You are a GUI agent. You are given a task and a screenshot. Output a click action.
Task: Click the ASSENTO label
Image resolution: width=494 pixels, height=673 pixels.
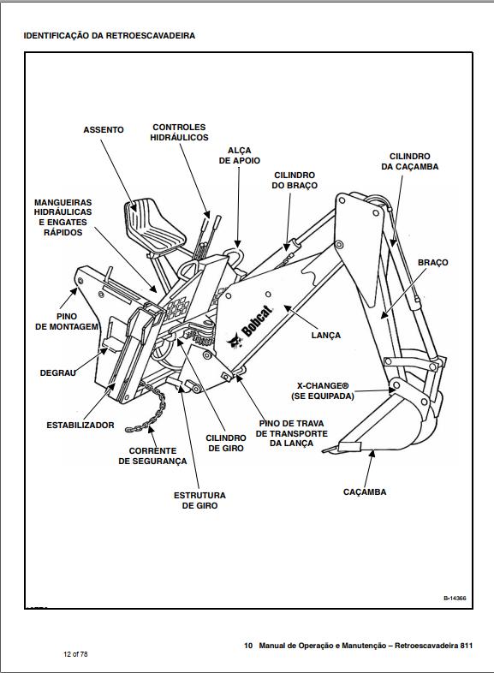[x=104, y=129]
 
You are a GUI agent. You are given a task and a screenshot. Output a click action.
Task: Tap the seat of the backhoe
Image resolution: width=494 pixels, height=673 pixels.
[x=153, y=225]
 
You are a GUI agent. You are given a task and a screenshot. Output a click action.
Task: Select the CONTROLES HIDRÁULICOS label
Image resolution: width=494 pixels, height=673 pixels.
[x=179, y=132]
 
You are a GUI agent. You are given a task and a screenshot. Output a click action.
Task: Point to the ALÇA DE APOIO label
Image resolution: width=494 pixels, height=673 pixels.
[x=240, y=155]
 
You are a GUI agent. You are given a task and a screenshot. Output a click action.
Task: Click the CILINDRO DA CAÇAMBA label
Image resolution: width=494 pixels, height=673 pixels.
[x=410, y=161]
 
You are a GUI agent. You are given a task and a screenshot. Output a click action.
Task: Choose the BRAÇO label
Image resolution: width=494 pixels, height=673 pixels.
[x=432, y=262]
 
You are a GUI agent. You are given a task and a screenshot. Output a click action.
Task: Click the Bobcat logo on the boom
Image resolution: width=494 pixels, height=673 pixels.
[x=250, y=327]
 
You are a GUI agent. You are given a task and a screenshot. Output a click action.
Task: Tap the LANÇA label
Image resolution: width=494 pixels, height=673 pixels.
[x=325, y=335]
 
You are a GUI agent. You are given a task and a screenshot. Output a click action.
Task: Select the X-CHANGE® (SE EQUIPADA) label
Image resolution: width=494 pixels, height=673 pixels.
[x=323, y=391]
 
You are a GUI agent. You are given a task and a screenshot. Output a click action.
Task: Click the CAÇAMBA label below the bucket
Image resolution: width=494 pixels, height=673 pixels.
[x=365, y=491]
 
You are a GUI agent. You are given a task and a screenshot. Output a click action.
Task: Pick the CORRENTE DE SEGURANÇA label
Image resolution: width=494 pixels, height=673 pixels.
[x=152, y=456]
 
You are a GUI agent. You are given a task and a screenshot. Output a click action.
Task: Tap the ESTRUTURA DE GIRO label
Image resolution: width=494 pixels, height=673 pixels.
[x=199, y=500]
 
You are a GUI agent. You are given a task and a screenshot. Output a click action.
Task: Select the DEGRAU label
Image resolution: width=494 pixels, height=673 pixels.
[x=57, y=373]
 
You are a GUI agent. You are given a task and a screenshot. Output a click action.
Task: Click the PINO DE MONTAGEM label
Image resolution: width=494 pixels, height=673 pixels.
[x=67, y=321]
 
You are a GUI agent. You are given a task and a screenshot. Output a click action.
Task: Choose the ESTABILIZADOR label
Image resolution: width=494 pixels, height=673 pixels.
[x=80, y=426]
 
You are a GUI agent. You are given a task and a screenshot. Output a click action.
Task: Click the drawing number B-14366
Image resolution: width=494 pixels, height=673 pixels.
[x=455, y=598]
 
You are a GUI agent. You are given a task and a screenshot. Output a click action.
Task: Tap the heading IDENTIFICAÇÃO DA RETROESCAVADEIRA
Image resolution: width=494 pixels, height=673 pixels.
[x=110, y=36]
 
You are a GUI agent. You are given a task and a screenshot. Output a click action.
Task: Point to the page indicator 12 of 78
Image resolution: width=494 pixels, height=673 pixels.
[x=75, y=654]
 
